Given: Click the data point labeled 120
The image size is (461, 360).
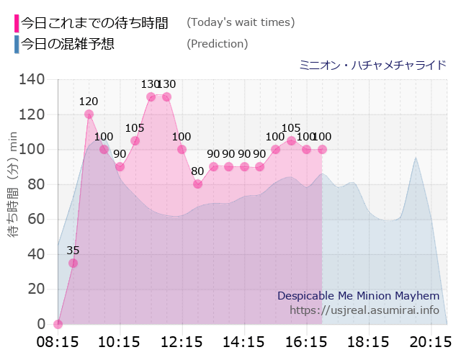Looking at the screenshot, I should tap(89, 114).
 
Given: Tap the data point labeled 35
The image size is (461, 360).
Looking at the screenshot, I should tap(73, 263).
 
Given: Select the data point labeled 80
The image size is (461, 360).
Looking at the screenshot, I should tap(197, 184).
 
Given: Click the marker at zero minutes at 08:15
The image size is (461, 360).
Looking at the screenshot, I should tap(58, 324).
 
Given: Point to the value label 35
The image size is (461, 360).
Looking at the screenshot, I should tap(73, 251).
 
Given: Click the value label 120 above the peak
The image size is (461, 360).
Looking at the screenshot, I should tap(89, 102).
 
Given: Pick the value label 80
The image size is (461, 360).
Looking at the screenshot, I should tap(197, 171).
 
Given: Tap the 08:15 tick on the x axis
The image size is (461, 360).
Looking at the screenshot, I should tap(58, 340).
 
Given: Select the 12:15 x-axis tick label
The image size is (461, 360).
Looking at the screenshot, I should tap(182, 340).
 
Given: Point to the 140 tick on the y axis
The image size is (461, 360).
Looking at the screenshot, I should tap(32, 79).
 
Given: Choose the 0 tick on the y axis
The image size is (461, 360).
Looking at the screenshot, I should tap(41, 324).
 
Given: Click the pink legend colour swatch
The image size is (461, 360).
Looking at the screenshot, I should tap(17, 22).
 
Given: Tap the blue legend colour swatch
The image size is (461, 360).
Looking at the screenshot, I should tap(17, 44).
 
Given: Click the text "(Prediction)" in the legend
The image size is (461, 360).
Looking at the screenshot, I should tap(217, 44).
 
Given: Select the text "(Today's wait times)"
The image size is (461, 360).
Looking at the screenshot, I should tap(241, 22).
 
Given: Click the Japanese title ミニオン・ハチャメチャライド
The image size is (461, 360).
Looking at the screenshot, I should tap(372, 65).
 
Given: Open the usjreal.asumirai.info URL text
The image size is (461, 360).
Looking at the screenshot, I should tap(364, 310).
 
